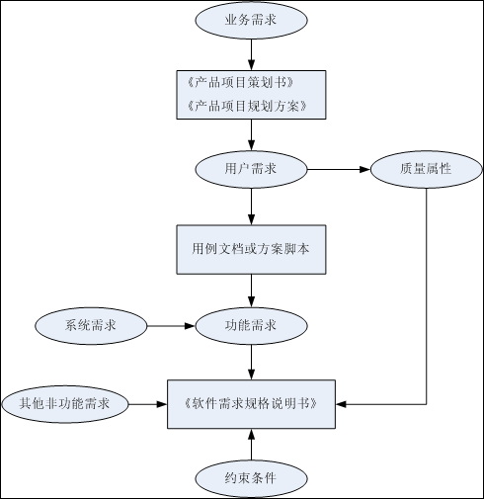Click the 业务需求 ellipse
pos(251,20)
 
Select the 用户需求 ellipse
pos(251,169)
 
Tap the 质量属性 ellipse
pos(426,169)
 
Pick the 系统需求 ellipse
pos(91,324)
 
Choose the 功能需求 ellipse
pos(251,324)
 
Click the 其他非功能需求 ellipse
pos(64,403)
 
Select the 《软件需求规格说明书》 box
pos(251,403)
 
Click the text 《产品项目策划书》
pos(240,80)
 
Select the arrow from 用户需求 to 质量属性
pos(339,169)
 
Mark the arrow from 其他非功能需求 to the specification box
pos(147,403)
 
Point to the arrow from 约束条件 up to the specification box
pos(251,445)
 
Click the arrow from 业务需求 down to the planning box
pos(251,52)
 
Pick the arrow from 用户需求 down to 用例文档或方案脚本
pos(251,205)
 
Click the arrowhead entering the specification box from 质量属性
pos(341,403)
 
